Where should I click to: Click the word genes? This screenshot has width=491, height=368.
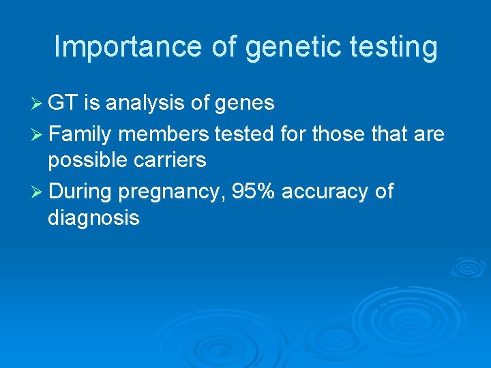pyautogui.click(x=245, y=103)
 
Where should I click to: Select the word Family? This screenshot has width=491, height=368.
pyautogui.click(x=80, y=134)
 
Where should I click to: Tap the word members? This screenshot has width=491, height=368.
pyautogui.click(x=163, y=134)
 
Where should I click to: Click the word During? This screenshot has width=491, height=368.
pyautogui.click(x=80, y=191)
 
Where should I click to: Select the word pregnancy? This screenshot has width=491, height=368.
pyautogui.click(x=171, y=192)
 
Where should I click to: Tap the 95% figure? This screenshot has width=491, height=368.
pyautogui.click(x=253, y=191)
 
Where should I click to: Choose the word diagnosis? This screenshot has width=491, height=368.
pyautogui.click(x=93, y=218)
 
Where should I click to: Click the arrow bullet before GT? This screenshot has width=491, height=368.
pyautogui.click(x=38, y=104)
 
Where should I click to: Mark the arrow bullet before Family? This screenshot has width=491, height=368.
pyautogui.click(x=38, y=135)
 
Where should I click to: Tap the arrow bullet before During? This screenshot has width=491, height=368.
pyautogui.click(x=38, y=192)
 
